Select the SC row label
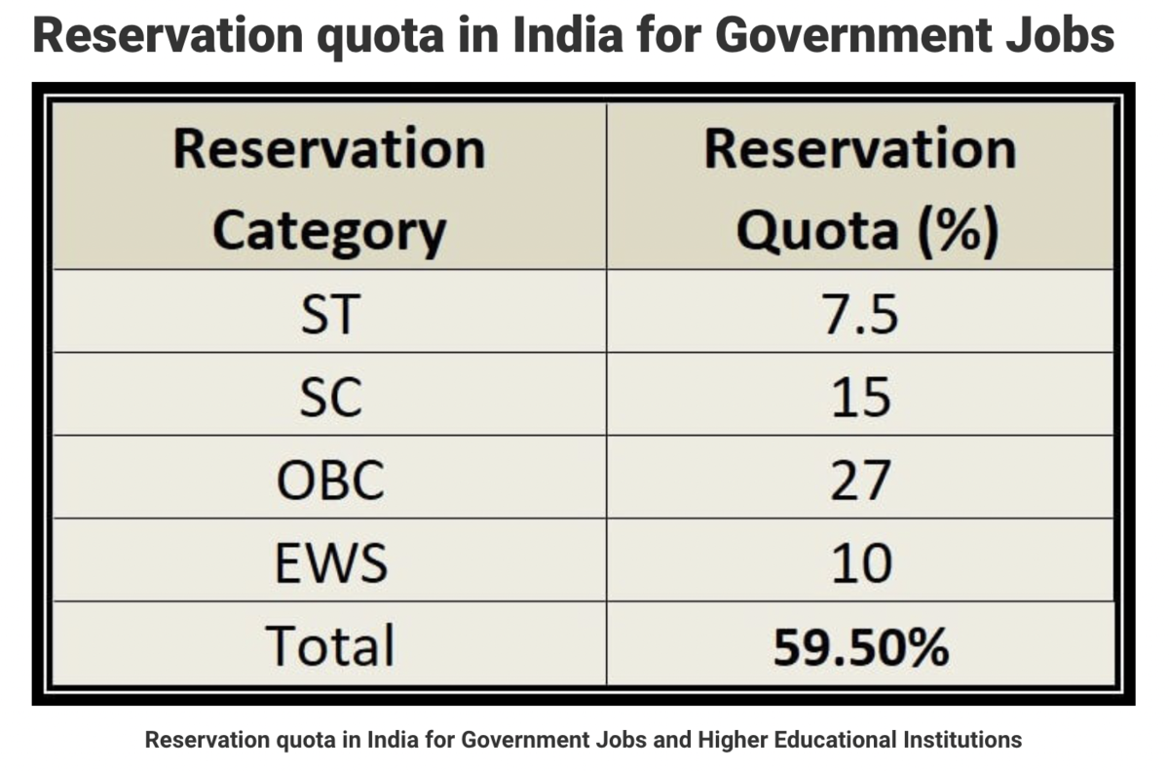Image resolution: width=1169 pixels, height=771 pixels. click(331, 397)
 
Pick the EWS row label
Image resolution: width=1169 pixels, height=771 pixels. click(331, 562)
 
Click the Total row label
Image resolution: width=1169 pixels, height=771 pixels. click(330, 645)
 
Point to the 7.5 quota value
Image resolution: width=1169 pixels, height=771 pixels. click(861, 314)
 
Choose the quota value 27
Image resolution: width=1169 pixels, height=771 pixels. click(860, 480)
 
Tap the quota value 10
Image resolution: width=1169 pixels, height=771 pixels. click(861, 562)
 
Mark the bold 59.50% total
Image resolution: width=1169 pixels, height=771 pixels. click(861, 647)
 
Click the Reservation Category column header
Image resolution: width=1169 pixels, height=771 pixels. click(329, 190)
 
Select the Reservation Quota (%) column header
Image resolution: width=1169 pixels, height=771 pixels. click(861, 190)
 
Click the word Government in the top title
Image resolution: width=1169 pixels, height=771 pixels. click(853, 35)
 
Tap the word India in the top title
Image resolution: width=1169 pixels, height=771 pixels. click(568, 35)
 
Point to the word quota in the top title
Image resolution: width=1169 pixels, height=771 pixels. click(381, 38)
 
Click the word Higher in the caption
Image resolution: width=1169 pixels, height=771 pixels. click(733, 740)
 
